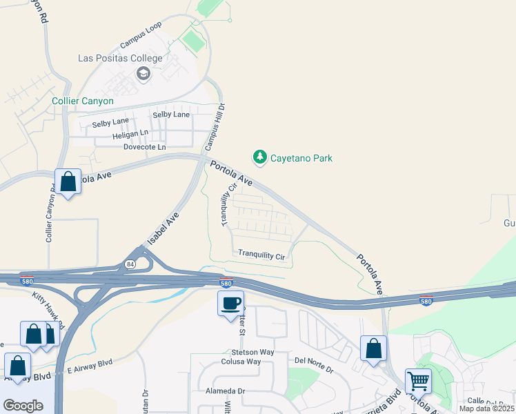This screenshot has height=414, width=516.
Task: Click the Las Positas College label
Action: coord(120,59)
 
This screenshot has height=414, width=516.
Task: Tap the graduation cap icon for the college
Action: coord(143,74)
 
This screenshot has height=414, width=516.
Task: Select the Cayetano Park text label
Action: coord(301,158)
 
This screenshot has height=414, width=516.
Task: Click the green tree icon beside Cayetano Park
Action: coord(260,158)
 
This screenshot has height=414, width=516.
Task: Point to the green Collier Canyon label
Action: coord(82,101)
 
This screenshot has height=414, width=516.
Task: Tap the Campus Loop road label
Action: coord(141,35)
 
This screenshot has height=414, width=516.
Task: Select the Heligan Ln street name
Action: coord(130,133)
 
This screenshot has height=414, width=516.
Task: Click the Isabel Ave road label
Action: coord(163,228)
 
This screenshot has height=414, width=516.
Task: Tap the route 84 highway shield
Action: coord(130,264)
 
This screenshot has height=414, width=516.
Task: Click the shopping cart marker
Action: coord(418,380)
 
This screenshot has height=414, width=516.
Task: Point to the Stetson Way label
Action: coord(248,352)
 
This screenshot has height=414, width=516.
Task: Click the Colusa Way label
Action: coord(241,362)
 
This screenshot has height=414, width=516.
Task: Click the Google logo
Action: coord(23,405)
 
